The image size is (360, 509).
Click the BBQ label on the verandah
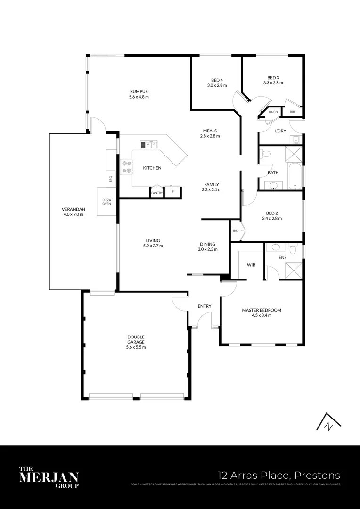pyautogui.click(x=111, y=179)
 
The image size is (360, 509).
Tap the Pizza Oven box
pyautogui.click(x=106, y=202)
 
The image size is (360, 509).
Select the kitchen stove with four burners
pyautogui.click(x=127, y=167)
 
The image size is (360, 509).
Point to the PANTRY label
pyautogui.click(x=156, y=193)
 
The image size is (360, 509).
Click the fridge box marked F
pyautogui.click(x=172, y=192)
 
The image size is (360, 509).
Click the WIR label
pyautogui.click(x=251, y=265)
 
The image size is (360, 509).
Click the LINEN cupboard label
pyautogui.click(x=273, y=112)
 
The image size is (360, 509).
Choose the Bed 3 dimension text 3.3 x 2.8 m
pyautogui.click(x=273, y=83)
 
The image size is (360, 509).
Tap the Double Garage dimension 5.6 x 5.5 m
pyautogui.click(x=136, y=347)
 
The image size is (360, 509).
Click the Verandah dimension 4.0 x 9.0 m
pyautogui.click(x=73, y=214)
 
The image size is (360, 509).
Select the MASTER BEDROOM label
pyautogui.click(x=262, y=310)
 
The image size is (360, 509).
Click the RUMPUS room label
pyautogui.click(x=139, y=91)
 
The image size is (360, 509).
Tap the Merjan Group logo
pyautogui.click(x=49, y=476)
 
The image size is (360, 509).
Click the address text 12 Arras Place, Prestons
pyautogui.click(x=278, y=475)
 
